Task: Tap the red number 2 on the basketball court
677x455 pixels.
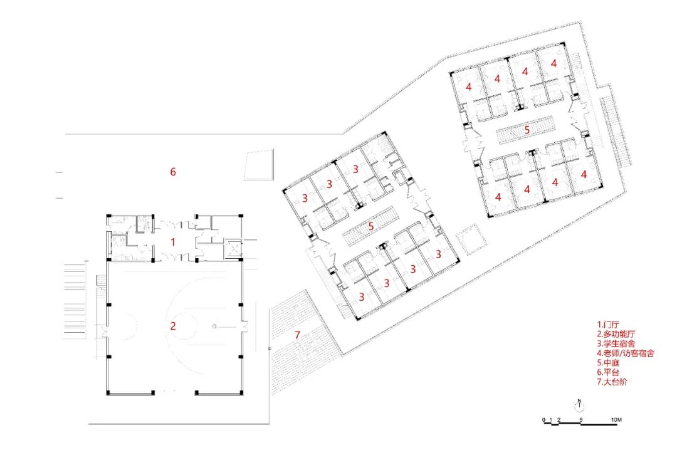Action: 174,325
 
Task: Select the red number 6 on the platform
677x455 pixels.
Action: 174,171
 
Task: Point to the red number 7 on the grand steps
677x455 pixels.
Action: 298,334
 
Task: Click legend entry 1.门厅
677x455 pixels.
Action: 607,325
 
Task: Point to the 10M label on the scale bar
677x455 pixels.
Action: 616,419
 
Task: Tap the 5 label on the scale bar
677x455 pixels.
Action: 582,419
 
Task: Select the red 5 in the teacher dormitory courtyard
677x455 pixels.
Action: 527,130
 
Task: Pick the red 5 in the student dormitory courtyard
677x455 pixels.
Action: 371,226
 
